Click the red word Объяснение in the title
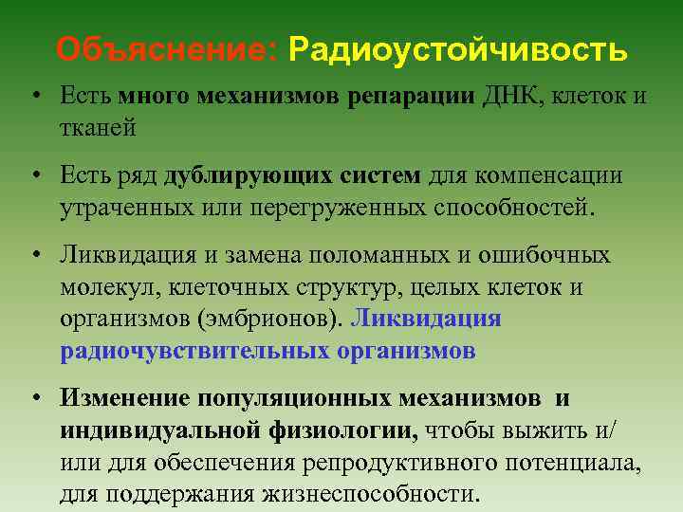coord(164,48)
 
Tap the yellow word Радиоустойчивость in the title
coord(458,48)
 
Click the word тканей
coord(97,126)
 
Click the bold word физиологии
coord(341,431)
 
